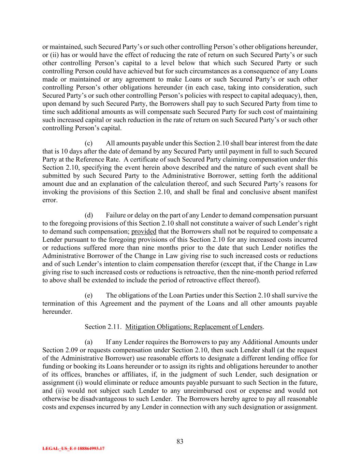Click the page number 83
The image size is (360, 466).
(180, 441)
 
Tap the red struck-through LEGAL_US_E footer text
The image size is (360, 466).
(73, 449)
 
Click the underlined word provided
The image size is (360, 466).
(144, 231)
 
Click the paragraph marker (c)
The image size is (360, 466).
(88, 143)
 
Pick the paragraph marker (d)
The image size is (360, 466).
(89, 215)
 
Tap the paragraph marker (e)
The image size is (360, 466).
(88, 295)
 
